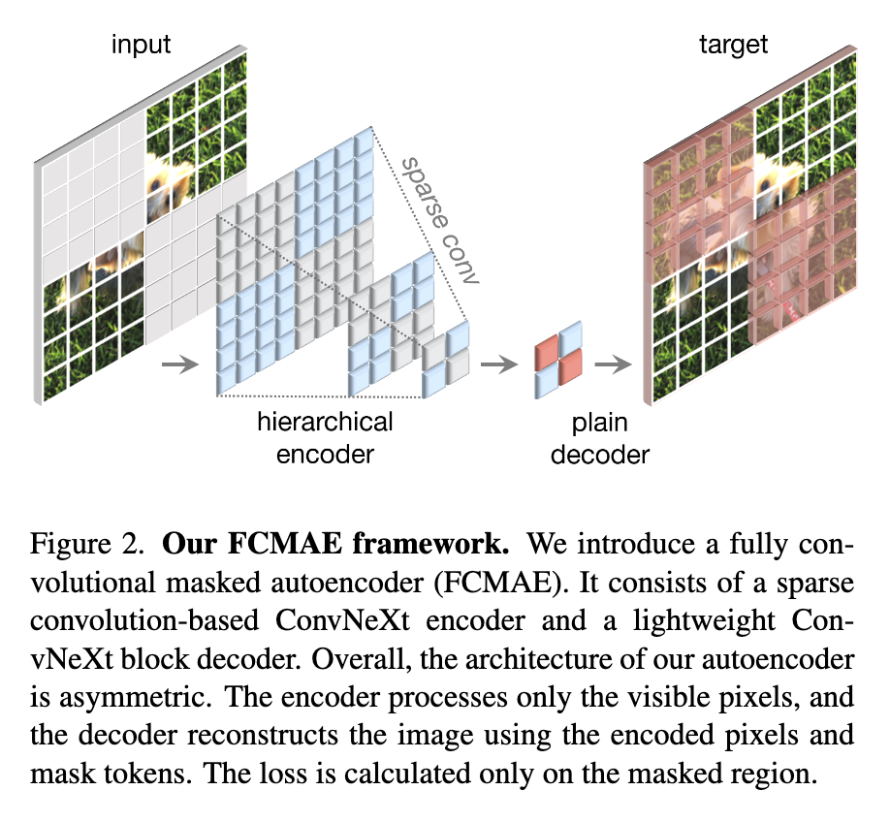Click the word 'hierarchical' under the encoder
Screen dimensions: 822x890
pyautogui.click(x=325, y=423)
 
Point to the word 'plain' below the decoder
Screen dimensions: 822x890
pyautogui.click(x=600, y=423)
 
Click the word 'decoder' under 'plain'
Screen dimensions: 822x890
pyautogui.click(x=601, y=454)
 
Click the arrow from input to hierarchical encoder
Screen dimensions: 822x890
pyautogui.click(x=178, y=365)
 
